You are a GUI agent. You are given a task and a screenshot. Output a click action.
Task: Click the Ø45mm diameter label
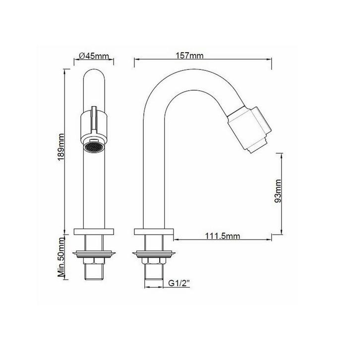(x=94, y=56)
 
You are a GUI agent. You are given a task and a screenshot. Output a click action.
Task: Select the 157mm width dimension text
(x=189, y=55)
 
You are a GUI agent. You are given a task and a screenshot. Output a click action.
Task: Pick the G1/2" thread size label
(x=179, y=284)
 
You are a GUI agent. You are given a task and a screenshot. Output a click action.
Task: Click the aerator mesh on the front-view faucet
(x=93, y=148)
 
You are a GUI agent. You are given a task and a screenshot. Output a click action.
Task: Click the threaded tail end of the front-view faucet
(x=94, y=272)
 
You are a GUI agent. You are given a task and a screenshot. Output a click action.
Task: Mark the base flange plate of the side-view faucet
(x=153, y=231)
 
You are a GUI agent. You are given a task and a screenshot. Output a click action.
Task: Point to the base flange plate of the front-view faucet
(x=94, y=231)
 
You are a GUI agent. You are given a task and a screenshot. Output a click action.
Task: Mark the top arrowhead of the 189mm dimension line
(x=66, y=71)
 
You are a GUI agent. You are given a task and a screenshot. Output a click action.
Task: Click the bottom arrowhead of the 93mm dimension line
(x=282, y=235)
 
